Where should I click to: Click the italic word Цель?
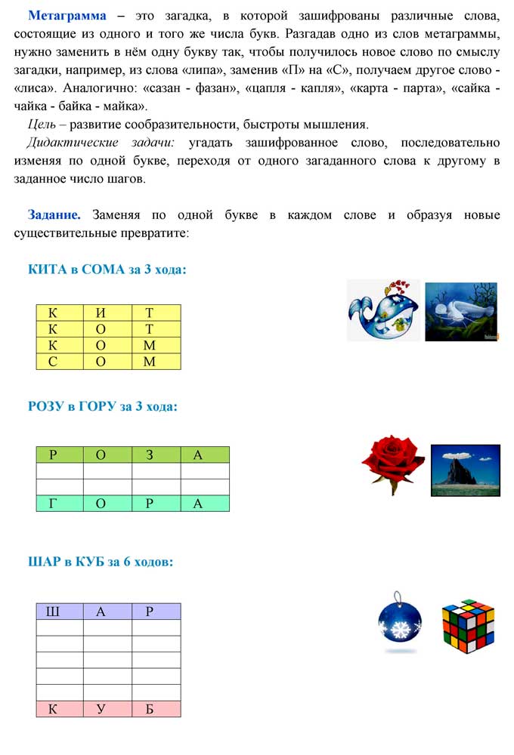pos(40,125)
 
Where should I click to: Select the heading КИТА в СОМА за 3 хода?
pos(107,270)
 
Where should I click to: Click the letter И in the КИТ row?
pos(101,312)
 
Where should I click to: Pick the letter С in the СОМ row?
pos(52,362)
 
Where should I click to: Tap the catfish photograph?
pos(461,310)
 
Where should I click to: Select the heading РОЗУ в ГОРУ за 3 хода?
pos(103,407)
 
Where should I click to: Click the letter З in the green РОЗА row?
pos(149,455)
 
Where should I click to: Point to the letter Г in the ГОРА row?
pos(52,504)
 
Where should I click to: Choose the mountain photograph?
pos(466,470)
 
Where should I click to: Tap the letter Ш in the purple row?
pos(52,612)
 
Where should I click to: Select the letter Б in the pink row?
pos(149,709)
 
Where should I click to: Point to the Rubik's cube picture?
pos(468,626)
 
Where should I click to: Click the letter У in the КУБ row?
pos(101,709)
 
